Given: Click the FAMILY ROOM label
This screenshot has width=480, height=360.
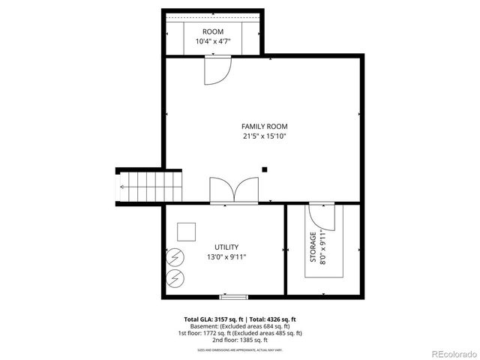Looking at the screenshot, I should click(x=264, y=126).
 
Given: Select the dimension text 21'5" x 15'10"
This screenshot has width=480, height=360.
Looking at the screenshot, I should click(x=264, y=136).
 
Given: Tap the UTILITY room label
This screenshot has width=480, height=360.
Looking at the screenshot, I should click(x=226, y=247).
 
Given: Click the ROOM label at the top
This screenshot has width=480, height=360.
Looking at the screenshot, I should click(x=213, y=31).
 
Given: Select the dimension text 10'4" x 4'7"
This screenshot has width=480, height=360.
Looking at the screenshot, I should click(x=213, y=42).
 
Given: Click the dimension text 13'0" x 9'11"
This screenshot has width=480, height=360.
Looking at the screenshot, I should click(x=226, y=257).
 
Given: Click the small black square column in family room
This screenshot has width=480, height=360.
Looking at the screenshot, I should click(x=264, y=169).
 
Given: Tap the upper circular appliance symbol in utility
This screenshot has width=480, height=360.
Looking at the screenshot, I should click(x=175, y=256).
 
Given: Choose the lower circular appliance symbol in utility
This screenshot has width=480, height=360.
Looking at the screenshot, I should click(x=175, y=278).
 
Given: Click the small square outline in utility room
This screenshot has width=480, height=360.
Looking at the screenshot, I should click(x=185, y=231).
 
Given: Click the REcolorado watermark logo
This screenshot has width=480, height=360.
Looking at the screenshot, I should click(x=450, y=353).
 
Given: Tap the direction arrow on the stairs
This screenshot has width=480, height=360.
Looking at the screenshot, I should click(x=122, y=186).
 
